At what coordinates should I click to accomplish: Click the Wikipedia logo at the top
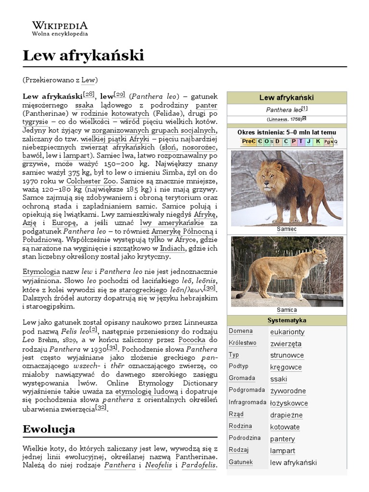point(60,28)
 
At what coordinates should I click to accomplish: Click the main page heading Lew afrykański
point(83,56)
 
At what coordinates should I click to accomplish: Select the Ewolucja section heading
point(49,429)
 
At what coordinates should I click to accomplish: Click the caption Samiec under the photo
point(286,229)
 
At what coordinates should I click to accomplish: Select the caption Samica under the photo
point(286,310)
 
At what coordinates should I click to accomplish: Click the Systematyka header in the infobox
point(286,320)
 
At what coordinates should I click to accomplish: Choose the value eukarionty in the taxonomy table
point(287,332)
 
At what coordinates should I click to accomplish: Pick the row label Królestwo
point(243,343)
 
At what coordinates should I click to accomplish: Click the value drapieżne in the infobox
point(286,415)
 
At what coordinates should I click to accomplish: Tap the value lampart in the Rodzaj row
point(282,451)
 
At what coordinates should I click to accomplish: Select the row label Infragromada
point(247,402)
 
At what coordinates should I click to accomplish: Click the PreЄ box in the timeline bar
point(248,141)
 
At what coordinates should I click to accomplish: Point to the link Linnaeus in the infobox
point(277,119)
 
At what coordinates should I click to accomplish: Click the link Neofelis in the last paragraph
point(159,465)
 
